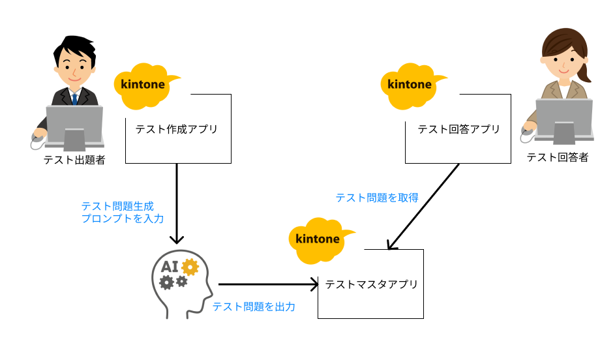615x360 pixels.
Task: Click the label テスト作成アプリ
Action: (x=176, y=129)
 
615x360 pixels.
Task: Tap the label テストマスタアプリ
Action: (x=371, y=284)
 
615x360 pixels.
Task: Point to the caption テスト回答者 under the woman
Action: (x=557, y=157)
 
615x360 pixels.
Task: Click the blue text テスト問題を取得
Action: (x=376, y=198)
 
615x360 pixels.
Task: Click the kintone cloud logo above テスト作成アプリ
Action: (x=145, y=85)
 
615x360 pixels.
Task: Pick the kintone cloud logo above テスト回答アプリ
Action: (x=411, y=85)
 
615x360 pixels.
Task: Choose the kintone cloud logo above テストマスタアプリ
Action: (x=319, y=239)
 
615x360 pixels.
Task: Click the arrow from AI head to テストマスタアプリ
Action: (x=267, y=284)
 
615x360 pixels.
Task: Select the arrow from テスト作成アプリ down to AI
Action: (x=177, y=202)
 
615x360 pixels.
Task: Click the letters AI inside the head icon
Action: (x=170, y=266)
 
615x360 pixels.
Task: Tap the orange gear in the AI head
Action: (x=190, y=265)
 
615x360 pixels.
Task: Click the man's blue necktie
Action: (x=75, y=98)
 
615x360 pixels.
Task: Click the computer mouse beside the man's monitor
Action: (x=38, y=137)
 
